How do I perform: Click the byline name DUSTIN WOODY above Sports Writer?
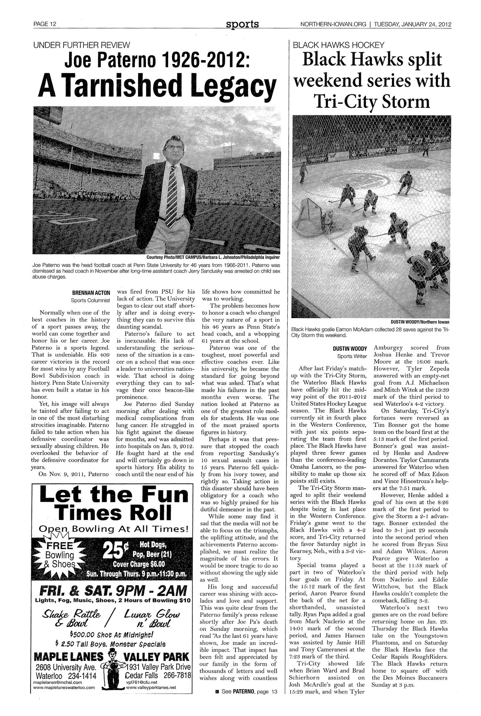pyautogui.click(x=350, y=348)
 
